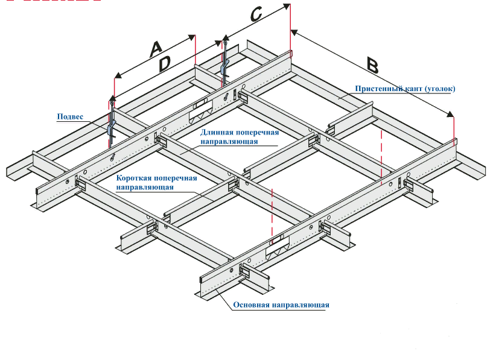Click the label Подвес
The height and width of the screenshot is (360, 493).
pyautogui.click(x=69, y=116)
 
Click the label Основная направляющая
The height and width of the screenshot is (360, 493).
pyautogui.click(x=281, y=305)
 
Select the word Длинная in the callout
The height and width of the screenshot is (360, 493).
pyautogui.click(x=216, y=133)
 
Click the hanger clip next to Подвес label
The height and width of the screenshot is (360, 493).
pyautogui.click(x=110, y=127)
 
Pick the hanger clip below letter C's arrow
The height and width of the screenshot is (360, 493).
pyautogui.click(x=224, y=65)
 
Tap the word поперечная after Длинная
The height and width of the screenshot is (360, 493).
pyautogui.click(x=258, y=133)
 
